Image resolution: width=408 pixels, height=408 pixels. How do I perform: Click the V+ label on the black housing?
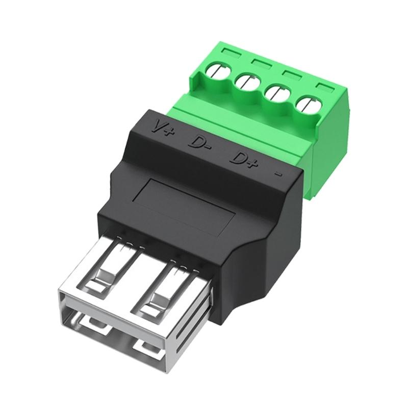(165, 127)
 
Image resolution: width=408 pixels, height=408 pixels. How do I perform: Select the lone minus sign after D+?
(278, 173)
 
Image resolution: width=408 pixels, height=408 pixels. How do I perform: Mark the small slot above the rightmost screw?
(323, 86)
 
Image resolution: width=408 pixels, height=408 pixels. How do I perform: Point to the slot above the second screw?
(260, 63)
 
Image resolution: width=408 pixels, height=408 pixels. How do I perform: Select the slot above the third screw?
(291, 74)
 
